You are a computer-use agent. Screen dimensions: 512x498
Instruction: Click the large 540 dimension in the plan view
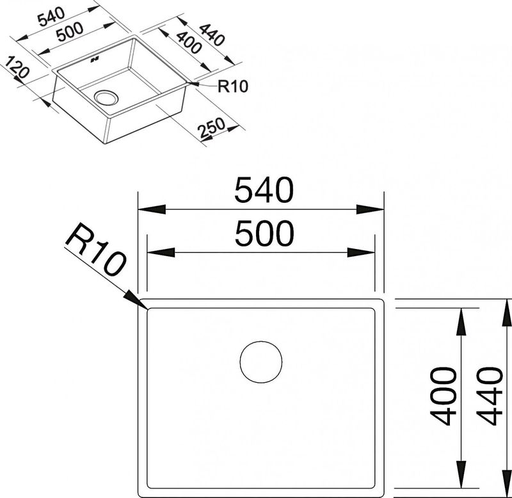coord(264,190)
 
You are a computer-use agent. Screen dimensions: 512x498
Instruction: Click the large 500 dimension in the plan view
coord(264,234)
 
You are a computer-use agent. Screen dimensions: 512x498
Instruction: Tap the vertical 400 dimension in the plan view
coord(443,396)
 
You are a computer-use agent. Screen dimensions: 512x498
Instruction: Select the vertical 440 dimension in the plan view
coord(489,396)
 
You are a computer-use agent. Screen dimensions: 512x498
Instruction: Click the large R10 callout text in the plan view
coord(95,249)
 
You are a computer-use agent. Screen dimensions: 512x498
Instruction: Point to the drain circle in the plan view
coord(261,362)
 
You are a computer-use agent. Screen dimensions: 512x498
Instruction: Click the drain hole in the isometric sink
coord(106,97)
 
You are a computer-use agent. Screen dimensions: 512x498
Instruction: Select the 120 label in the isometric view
coord(17,67)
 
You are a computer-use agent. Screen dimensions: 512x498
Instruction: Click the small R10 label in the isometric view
coord(233,86)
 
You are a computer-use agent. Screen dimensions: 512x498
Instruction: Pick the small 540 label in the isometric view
coord(52,17)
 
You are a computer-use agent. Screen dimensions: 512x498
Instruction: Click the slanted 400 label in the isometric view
coord(188,42)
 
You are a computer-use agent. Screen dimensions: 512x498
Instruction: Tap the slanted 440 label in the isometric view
coord(212,35)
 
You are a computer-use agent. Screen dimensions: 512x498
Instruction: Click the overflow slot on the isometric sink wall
coord(95,60)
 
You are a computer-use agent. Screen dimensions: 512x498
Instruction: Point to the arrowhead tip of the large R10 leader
coord(147,308)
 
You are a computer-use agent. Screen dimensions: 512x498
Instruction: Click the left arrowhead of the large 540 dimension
coord(152,209)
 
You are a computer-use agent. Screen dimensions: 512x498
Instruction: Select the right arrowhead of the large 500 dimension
coord(361,252)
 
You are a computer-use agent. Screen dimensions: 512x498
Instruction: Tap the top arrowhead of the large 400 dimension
coord(461,322)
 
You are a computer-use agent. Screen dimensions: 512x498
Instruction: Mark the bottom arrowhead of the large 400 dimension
coord(461,474)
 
